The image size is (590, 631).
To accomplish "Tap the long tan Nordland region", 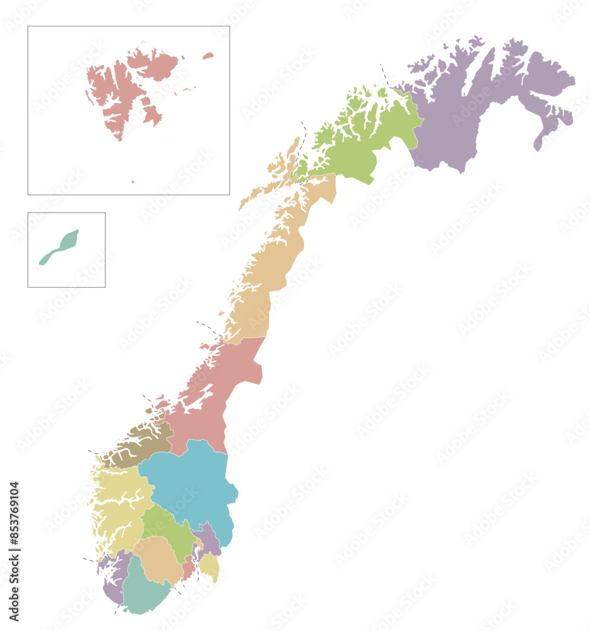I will click(x=271, y=265).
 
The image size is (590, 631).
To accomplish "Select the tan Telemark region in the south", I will click(x=158, y=558).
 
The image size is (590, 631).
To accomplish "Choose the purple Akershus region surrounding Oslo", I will click(x=208, y=540).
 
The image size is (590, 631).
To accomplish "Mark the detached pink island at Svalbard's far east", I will click(x=208, y=56).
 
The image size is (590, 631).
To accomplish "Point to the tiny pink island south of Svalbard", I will click(x=133, y=182).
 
